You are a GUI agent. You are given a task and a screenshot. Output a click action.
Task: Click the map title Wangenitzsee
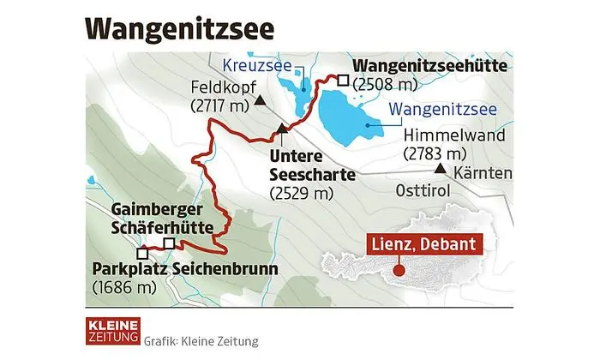tap(181, 27)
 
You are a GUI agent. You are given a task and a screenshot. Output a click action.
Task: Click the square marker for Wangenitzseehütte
tap(342, 81)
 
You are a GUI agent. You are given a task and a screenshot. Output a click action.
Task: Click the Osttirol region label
tap(423, 189)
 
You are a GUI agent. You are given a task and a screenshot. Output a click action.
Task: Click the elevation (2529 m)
tap(300, 194)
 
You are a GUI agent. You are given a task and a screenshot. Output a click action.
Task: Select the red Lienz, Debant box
tap(423, 244)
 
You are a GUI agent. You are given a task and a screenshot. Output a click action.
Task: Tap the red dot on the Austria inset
tap(399, 272)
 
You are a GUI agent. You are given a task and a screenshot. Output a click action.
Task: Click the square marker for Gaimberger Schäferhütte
tap(169, 243)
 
